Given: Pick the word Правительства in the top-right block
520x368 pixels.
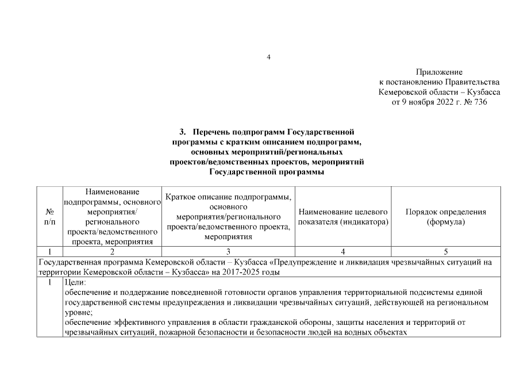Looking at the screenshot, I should (470, 82).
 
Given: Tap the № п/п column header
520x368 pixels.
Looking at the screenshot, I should (49, 216).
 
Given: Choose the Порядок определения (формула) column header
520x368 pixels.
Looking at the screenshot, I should (445, 216).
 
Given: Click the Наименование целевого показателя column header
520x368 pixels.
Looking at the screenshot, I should (343, 216).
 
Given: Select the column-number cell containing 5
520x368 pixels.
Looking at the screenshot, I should (445, 251).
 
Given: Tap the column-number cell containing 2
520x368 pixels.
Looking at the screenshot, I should (112, 251).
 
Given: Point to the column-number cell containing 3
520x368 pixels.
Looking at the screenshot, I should (228, 251).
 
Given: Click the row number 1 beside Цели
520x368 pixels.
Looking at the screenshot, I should (49, 282).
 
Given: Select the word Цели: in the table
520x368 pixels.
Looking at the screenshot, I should (75, 282).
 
